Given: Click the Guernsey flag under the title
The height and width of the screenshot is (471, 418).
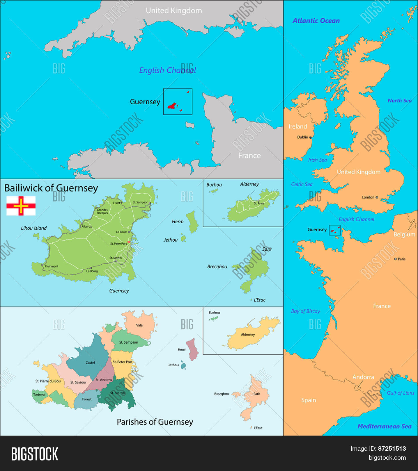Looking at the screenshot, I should point(21,206).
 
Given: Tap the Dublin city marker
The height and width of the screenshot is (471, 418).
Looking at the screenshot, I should point(310,137).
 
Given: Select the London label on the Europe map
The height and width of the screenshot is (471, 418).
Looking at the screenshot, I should point(368,197).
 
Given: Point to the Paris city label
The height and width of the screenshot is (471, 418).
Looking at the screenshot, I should point(401,259).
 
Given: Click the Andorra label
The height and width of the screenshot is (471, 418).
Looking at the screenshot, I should point(363,377).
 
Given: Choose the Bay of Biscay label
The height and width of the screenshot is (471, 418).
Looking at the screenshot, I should point(305,311).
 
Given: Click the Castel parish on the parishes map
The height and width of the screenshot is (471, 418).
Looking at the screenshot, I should point(90,363).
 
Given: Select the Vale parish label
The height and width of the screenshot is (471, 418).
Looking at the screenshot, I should point(139,325).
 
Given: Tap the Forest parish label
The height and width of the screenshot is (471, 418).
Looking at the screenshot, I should point(87,399).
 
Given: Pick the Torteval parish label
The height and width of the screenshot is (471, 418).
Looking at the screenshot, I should point(39,395).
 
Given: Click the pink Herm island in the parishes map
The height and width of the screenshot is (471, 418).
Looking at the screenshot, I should point(192,349).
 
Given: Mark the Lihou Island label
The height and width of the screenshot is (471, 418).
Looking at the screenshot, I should point(34,228).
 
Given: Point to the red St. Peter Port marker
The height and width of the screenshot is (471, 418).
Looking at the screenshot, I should point(129,242).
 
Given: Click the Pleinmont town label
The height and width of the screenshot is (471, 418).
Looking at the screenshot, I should point(52,266).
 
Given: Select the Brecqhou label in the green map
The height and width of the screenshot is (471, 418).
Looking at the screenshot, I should point(217,267).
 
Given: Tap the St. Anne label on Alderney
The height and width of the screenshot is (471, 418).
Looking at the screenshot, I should point(259,203).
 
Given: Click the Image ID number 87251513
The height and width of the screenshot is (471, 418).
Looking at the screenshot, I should point(392,449).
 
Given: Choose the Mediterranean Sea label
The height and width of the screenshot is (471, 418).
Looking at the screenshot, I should point(384,427).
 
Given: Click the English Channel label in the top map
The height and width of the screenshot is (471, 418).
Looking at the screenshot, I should point(167,70).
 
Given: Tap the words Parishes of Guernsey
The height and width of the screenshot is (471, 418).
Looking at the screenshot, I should point(155,422).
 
